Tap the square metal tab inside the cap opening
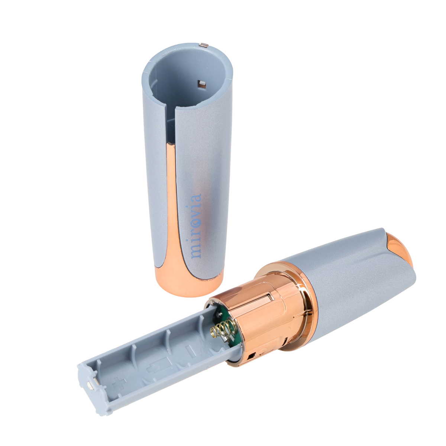(202, 85)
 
